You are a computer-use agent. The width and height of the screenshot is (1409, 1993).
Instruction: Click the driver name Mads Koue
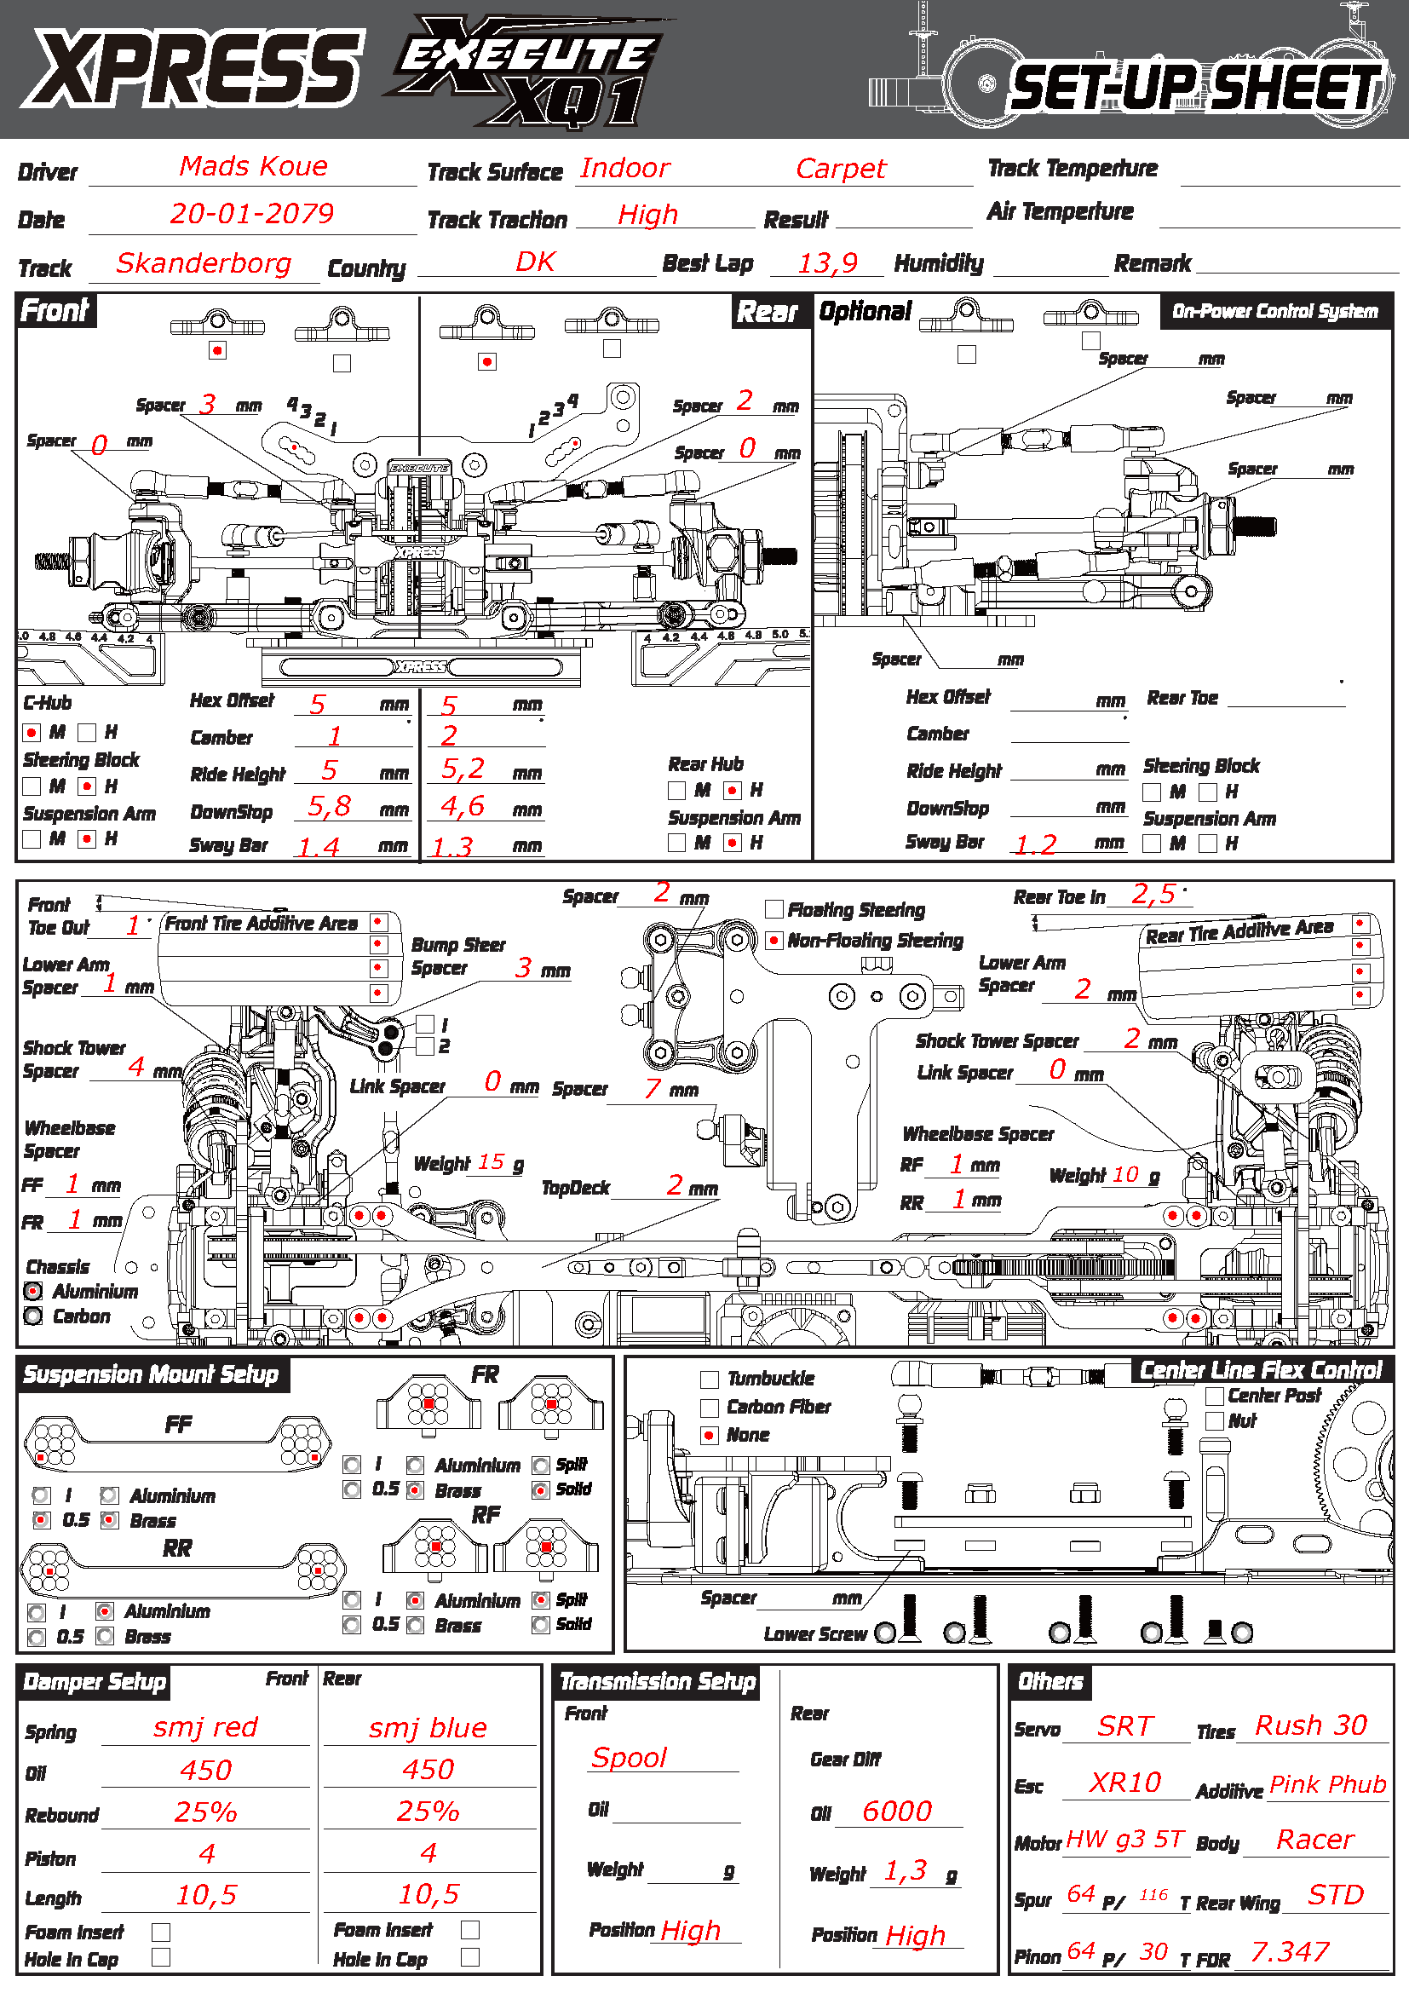tap(253, 166)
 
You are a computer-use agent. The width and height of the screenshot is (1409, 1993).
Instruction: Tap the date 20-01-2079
tap(251, 214)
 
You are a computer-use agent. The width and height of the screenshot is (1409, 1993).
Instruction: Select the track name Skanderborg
tap(204, 263)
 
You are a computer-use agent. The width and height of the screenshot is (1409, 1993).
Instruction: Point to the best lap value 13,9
tap(828, 263)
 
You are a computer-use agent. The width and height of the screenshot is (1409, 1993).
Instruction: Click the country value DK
tap(535, 262)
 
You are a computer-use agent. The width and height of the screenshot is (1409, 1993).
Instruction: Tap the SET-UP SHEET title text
tap(1195, 89)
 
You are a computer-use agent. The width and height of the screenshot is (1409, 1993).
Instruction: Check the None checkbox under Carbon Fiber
tap(710, 1436)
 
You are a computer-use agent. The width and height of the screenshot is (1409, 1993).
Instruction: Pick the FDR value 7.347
tap(1289, 1952)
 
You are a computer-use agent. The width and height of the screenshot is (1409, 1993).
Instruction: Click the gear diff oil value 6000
tap(896, 1812)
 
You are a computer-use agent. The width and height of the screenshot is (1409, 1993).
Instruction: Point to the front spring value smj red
tap(205, 1727)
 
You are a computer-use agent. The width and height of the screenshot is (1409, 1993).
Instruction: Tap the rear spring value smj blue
tap(428, 1728)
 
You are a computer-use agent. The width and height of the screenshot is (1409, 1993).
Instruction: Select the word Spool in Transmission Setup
tap(629, 1759)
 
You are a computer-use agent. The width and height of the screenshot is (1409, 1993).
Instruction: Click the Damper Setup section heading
tap(95, 1682)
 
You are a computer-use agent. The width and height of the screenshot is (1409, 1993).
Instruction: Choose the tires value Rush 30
tap(1311, 1725)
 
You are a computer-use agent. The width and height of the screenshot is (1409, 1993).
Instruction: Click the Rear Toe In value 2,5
tap(1153, 894)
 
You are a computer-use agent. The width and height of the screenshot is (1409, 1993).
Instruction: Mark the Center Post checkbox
tap(1215, 1397)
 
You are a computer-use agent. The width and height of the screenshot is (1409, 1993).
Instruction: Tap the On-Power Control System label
tap(1274, 312)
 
